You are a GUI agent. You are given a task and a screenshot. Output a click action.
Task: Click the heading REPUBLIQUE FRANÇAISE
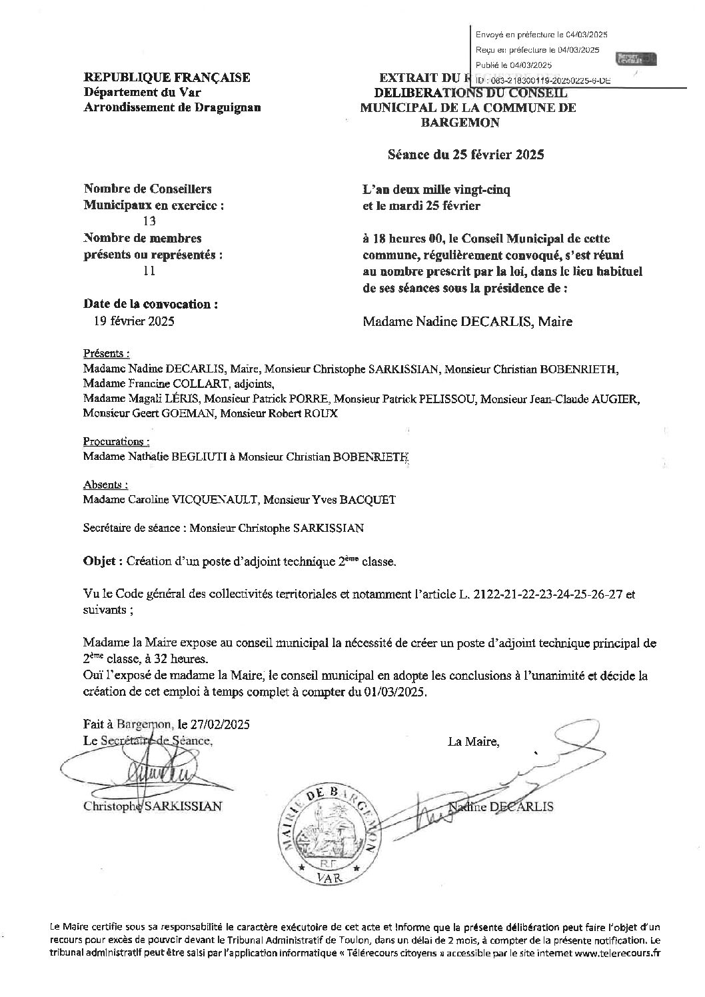pos(167,78)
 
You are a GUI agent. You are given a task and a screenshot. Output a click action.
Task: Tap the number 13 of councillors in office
pos(149,222)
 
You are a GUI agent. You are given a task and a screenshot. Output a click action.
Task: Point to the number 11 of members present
pos(149,271)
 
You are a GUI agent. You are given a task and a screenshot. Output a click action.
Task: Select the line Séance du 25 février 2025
pos(466,155)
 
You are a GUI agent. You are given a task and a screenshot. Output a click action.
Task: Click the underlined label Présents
pos(105,353)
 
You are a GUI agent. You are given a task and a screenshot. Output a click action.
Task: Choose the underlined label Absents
pos(105,485)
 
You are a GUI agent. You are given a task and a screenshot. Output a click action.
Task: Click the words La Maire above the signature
pos(473,741)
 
